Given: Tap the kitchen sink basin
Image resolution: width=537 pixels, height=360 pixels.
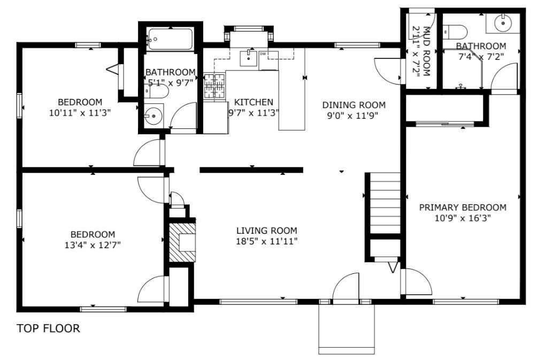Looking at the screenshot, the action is pyautogui.click(x=248, y=58).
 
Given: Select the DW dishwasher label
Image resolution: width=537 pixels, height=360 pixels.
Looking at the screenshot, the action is pyautogui.click(x=263, y=54).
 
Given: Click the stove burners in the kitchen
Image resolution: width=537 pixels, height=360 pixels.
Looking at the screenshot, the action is pyautogui.click(x=214, y=86).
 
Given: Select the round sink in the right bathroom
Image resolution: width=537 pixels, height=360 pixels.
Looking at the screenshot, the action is pyautogui.click(x=503, y=22).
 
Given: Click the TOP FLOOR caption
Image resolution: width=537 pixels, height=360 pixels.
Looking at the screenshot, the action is pyautogui.click(x=48, y=328).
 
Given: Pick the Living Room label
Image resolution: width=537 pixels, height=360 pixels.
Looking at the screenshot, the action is pyautogui.click(x=267, y=231).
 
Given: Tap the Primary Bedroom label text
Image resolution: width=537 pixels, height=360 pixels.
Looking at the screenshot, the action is pyautogui.click(x=463, y=207).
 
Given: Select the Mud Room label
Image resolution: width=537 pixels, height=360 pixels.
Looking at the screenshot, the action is pyautogui.click(x=426, y=51).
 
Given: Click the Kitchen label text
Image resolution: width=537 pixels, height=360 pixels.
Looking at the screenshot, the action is pyautogui.click(x=254, y=102).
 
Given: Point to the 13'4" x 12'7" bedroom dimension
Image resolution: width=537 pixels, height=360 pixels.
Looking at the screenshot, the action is pyautogui.click(x=93, y=245).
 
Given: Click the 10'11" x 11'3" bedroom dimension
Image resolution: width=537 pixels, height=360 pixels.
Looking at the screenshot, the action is pyautogui.click(x=80, y=113).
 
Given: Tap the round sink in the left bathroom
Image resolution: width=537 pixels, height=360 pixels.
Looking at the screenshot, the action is pyautogui.click(x=153, y=117).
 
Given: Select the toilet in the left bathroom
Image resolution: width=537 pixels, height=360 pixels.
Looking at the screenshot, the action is pyautogui.click(x=156, y=91).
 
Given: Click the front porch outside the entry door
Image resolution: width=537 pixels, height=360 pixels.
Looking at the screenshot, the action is pyautogui.click(x=347, y=329).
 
